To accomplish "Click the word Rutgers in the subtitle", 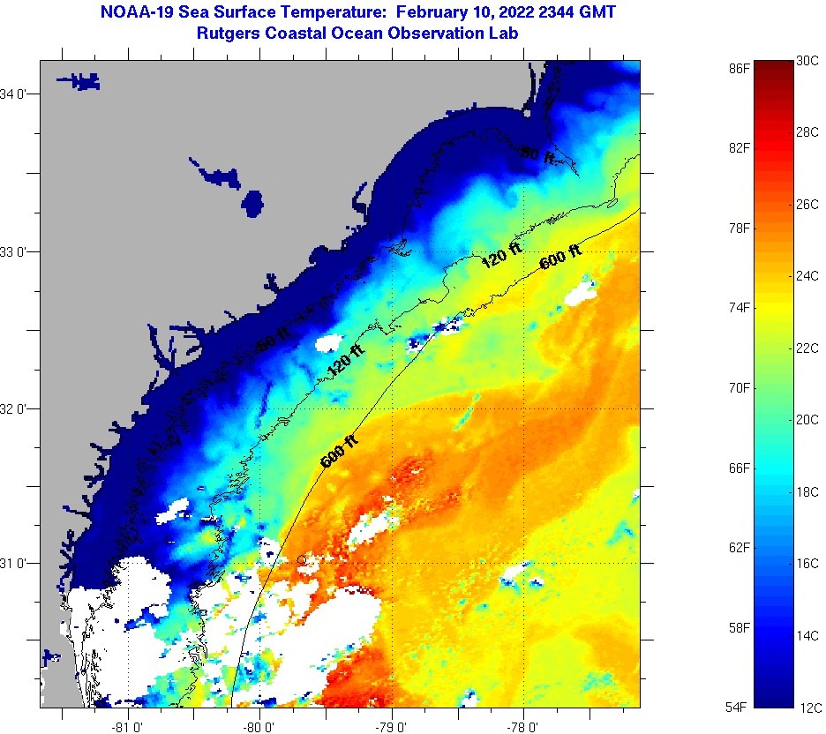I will [x=227, y=34].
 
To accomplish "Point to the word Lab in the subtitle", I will [x=503, y=34].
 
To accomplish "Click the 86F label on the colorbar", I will [x=740, y=67].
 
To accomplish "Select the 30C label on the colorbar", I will [x=807, y=61].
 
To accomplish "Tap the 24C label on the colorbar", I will [x=807, y=275].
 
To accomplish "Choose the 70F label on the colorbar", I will [x=740, y=387].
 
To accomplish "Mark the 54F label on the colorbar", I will [x=740, y=707].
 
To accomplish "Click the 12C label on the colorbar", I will [x=807, y=707].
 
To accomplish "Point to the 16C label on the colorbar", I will [x=807, y=563].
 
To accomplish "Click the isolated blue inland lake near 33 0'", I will [x=253, y=204].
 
